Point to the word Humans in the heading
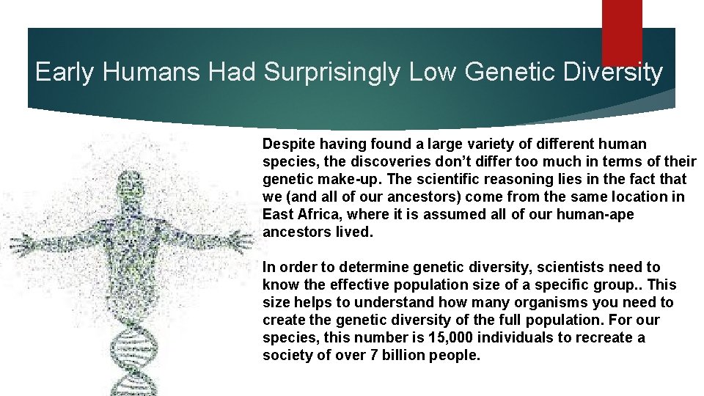click(x=152, y=72)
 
